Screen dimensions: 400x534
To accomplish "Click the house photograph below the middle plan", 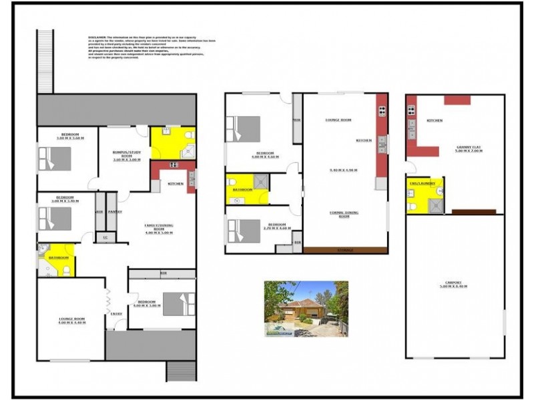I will [x=306, y=309].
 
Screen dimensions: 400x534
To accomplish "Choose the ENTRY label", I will [x=115, y=313].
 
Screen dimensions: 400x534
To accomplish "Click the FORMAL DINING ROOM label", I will [x=340, y=214].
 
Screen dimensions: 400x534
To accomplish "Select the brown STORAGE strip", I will [x=345, y=250].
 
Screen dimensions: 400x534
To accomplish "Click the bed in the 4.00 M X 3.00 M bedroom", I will [x=175, y=304].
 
